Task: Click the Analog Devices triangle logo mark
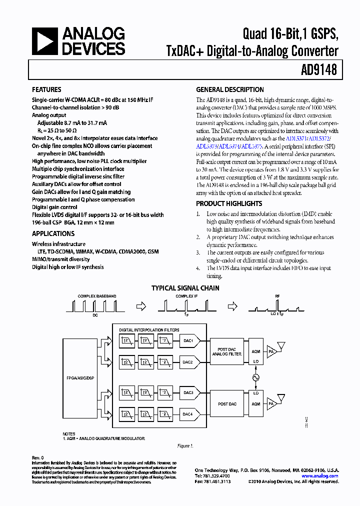44,41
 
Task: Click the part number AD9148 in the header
319,70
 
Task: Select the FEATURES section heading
46,90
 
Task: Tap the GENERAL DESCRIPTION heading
229,90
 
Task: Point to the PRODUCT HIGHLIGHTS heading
228,203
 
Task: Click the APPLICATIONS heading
53,233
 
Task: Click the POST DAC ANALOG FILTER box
226,351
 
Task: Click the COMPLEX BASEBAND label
97,296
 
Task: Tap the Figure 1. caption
185,445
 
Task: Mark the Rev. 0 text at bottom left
38,457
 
